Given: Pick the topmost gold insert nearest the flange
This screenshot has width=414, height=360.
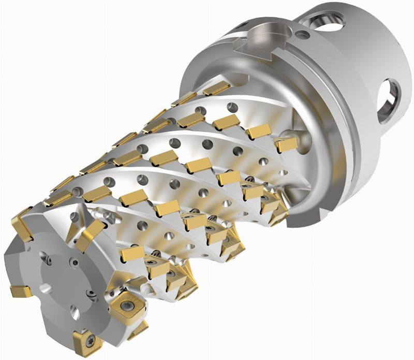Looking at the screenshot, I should pos(216,89).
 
